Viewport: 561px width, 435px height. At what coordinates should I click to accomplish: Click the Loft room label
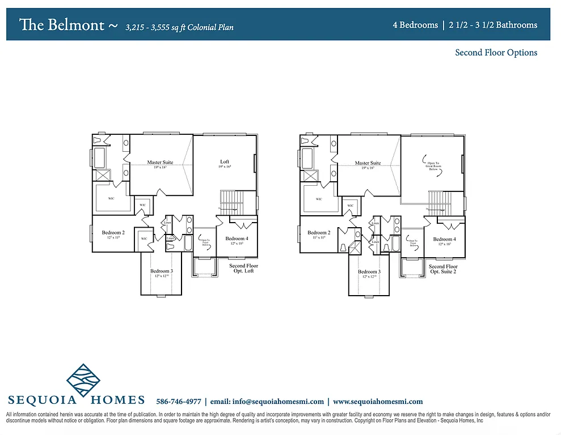(x=225, y=161)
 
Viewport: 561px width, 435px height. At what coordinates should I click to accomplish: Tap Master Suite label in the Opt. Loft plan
(x=160, y=163)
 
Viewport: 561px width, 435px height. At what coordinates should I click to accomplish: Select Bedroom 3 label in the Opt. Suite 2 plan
(x=369, y=272)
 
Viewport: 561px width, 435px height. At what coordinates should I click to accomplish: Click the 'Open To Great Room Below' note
(x=433, y=163)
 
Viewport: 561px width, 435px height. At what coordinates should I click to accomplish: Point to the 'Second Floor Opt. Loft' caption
(x=243, y=268)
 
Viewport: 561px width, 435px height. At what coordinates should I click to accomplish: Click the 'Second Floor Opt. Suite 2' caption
(x=443, y=268)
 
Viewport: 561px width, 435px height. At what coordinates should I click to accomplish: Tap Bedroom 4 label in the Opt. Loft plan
(x=237, y=238)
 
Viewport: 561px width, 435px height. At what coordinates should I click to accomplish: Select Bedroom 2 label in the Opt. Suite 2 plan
(x=318, y=233)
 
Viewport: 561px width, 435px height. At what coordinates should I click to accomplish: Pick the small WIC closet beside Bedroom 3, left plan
(x=144, y=239)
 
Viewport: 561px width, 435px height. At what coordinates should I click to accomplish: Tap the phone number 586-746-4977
(x=178, y=402)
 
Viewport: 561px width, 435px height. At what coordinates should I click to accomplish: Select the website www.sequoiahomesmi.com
(x=378, y=402)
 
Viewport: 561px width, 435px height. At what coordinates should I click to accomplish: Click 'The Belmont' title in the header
(x=62, y=25)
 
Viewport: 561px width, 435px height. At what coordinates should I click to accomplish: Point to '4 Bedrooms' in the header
(x=415, y=25)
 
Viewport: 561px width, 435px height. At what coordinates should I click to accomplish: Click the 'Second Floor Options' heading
(x=496, y=53)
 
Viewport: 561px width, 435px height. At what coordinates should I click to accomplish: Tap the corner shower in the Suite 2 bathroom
(x=355, y=249)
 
